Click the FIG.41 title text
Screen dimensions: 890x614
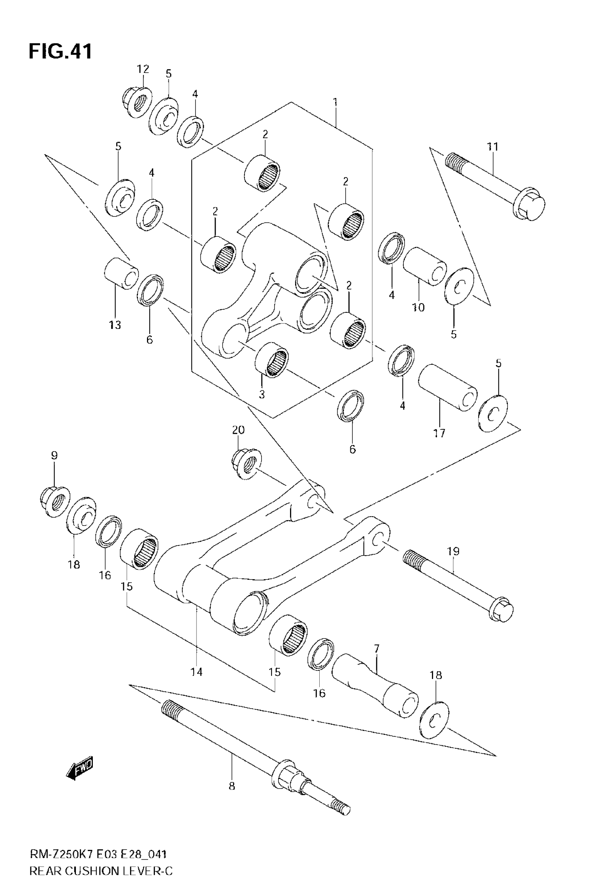click(60, 52)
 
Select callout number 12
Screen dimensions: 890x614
click(143, 69)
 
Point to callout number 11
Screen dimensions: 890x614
click(492, 147)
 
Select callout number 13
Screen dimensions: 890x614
click(114, 325)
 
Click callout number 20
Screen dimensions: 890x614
click(238, 430)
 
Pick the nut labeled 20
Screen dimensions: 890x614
click(246, 463)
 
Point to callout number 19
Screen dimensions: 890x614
click(453, 551)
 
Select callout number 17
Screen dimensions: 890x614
click(439, 433)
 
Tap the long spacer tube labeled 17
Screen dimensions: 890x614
click(448, 387)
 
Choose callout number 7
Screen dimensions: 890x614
click(376, 649)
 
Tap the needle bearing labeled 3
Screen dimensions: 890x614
click(272, 359)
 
